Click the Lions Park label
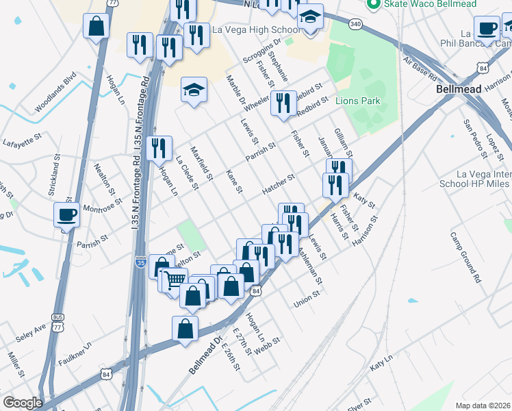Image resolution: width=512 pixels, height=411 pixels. (357, 101)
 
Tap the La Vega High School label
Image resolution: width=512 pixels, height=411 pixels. (256, 29)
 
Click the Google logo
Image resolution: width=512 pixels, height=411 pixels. (23, 403)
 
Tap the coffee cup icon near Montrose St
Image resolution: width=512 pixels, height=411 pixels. (67, 214)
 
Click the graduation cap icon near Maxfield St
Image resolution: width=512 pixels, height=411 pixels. (194, 89)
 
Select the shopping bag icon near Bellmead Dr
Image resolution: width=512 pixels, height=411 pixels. (186, 329)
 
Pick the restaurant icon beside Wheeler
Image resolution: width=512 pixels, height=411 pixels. (283, 103)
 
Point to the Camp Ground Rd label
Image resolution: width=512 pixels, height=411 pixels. (465, 258)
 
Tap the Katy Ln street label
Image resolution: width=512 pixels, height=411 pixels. (381, 363)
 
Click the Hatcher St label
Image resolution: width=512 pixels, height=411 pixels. (278, 184)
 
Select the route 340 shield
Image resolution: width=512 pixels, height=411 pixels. (355, 25)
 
